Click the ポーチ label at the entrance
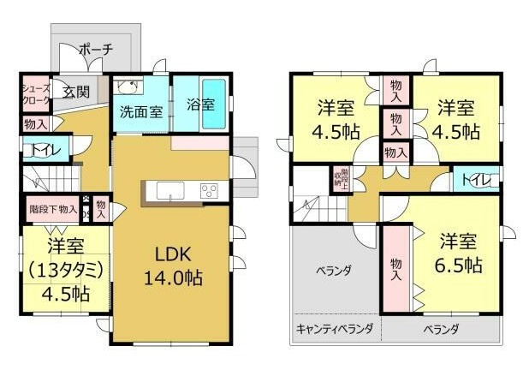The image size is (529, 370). click(x=95, y=50)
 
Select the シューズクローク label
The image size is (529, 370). click(x=35, y=93)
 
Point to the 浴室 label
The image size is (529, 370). click(x=200, y=105)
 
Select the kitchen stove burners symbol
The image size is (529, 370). click(x=210, y=191)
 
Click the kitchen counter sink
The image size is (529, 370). click(x=167, y=190)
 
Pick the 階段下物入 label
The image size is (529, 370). click(x=53, y=208)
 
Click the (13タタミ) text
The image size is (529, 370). click(x=65, y=270)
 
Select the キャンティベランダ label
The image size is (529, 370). click(x=335, y=329)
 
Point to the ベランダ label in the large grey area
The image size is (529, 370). click(x=333, y=272)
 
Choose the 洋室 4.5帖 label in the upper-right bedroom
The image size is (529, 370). click(x=456, y=120)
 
